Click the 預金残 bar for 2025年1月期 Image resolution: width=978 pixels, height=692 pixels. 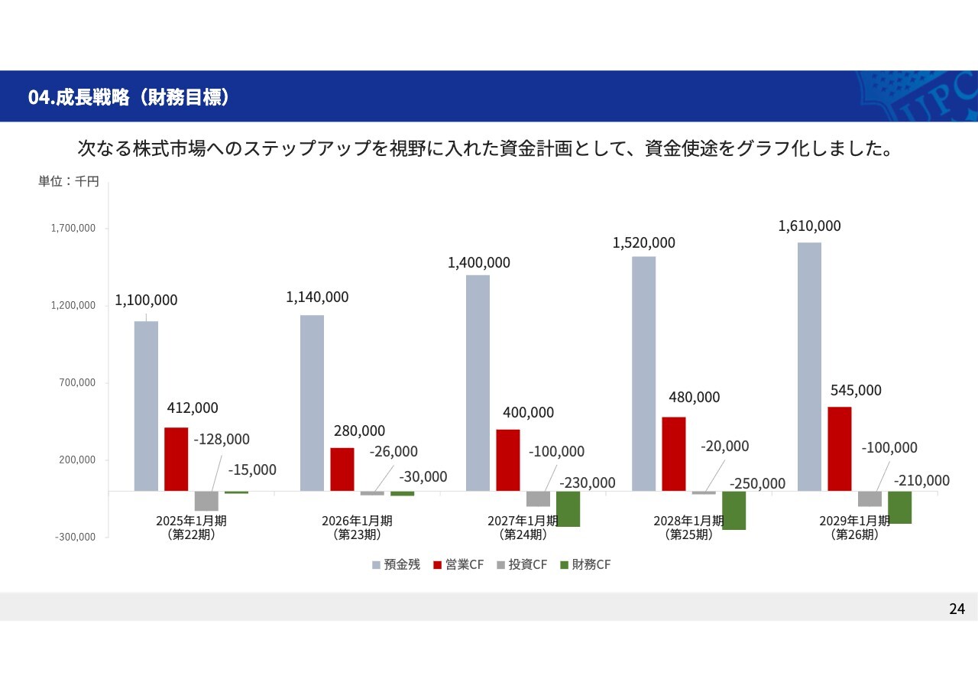click(x=146, y=405)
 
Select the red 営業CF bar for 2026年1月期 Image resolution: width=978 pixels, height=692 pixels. click(x=342, y=469)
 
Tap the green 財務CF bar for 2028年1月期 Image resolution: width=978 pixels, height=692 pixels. click(x=733, y=510)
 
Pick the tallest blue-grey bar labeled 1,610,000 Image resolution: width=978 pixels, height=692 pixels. click(x=809, y=366)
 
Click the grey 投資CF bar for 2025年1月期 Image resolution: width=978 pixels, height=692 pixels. click(x=206, y=501)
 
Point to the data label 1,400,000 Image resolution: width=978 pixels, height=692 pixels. click(x=479, y=262)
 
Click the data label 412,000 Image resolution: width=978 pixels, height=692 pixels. click(x=193, y=408)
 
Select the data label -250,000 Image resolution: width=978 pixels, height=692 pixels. click(x=757, y=483)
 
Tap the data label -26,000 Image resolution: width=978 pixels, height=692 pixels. click(x=393, y=451)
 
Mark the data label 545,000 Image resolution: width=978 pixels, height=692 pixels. click(x=856, y=390)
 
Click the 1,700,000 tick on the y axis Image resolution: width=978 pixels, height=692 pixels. click(x=73, y=228)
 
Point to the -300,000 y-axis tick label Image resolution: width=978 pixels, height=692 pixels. click(x=75, y=537)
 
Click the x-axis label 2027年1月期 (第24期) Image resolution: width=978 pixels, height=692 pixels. click(x=523, y=528)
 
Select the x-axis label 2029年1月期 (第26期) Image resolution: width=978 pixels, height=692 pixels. click(x=854, y=528)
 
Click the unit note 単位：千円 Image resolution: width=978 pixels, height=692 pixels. click(x=69, y=182)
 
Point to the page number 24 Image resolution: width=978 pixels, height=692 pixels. click(x=957, y=609)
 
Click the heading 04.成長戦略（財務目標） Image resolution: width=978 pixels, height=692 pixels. click(x=128, y=97)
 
